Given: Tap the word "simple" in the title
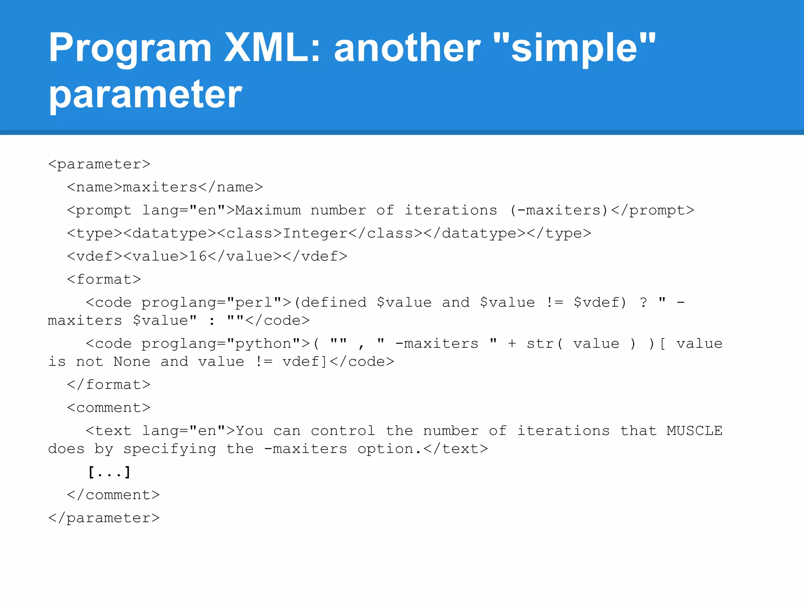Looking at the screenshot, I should tap(574, 48).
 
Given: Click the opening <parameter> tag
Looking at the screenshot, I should tap(99, 164).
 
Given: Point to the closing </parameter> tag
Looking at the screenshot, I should tap(104, 518).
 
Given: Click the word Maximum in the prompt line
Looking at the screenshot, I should tap(268, 210).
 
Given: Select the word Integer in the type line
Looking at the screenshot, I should tap(315, 233).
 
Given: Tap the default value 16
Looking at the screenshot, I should tap(198, 256).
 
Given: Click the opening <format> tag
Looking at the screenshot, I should tap(104, 279).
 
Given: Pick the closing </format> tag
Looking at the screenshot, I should tap(109, 384).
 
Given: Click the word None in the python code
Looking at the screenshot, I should tap(132, 361).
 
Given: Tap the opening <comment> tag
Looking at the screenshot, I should tap(109, 407).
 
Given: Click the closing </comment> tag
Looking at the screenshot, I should tap(113, 495).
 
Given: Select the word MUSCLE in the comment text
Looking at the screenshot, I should tap(694, 431).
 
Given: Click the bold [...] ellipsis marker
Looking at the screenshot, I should tap(109, 472).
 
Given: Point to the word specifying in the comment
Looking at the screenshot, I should tap(170, 449).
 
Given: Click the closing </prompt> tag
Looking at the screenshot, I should tap(652, 210).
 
